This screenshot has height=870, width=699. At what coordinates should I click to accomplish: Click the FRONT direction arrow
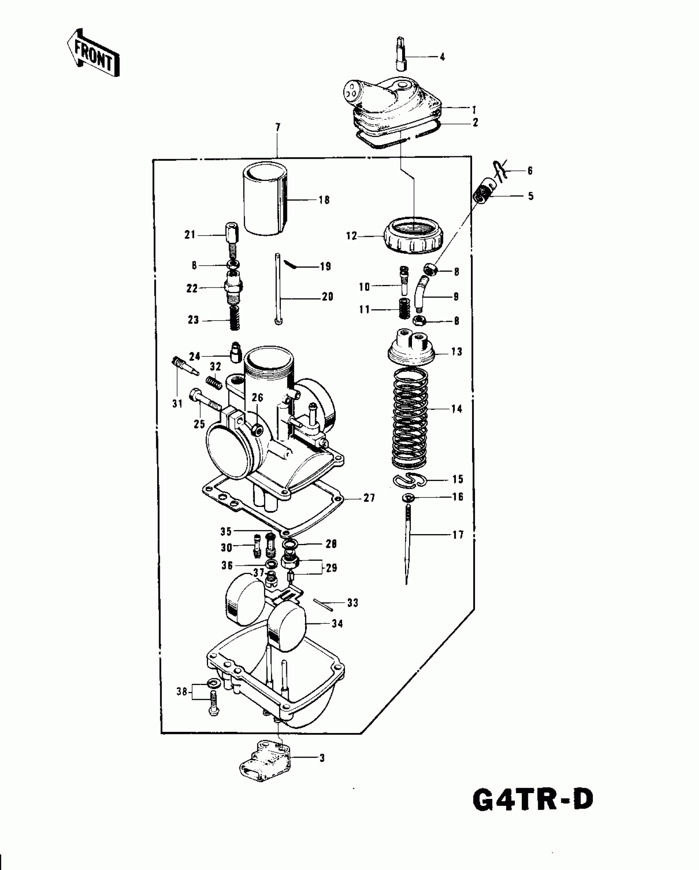pos(93,53)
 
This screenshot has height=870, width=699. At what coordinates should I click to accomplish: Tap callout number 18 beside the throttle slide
pos(324,200)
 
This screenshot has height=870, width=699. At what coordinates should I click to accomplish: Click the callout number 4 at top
pos(442,57)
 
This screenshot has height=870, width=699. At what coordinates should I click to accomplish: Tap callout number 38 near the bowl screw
pos(182,692)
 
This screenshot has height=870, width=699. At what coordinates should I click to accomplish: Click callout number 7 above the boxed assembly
pos(278,127)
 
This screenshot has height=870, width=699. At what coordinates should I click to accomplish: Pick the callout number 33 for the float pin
pos(352,603)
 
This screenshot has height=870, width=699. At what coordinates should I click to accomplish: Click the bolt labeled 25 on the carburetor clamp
pos(204,400)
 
